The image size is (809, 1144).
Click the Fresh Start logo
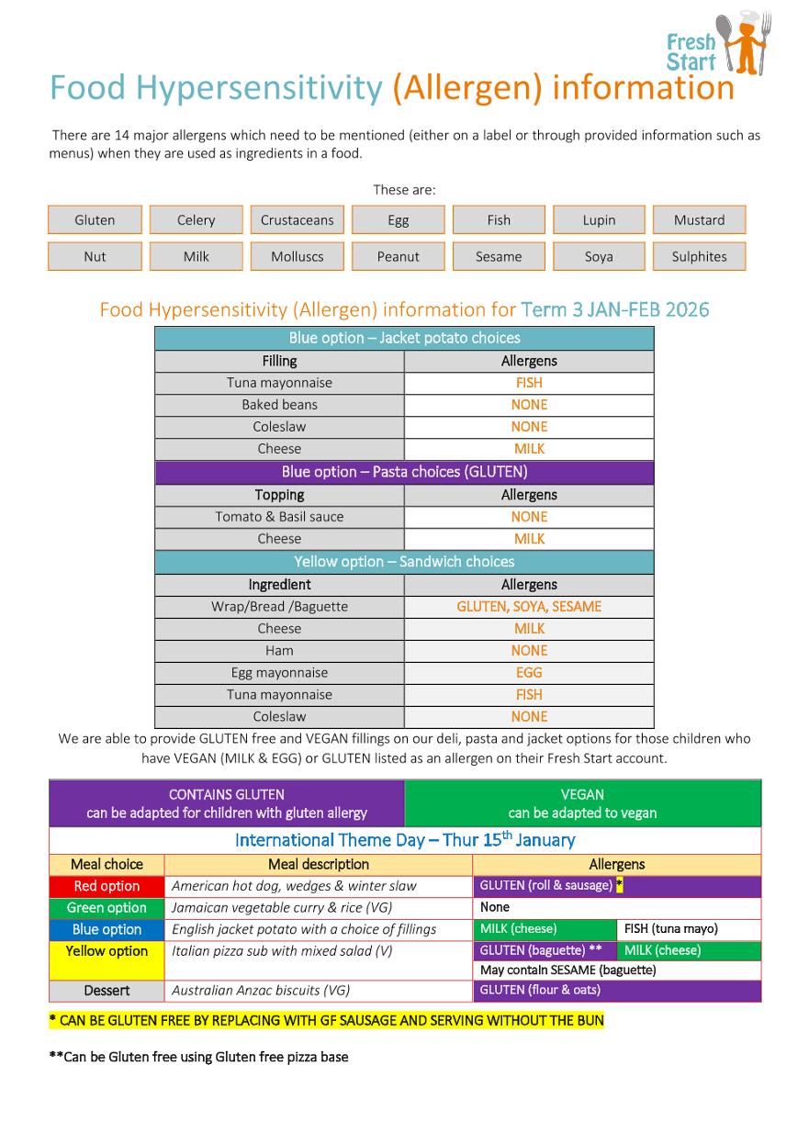point(719,44)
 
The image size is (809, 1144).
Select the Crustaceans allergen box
point(297,220)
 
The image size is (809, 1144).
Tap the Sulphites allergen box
point(699,257)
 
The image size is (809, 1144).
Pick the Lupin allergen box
point(599,220)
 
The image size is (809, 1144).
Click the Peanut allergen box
point(398,257)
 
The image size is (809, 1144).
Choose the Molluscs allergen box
point(297,257)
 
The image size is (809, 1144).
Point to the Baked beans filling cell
point(279,405)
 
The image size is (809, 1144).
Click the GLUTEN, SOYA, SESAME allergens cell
point(529,607)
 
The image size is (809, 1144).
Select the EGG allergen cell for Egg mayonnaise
point(529,673)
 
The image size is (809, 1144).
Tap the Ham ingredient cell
point(279,651)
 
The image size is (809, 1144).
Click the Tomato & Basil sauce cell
point(279,517)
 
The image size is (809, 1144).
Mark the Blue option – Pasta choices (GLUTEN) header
point(404,473)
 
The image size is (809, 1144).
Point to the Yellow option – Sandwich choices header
point(404,562)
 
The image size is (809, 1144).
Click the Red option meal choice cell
point(107,886)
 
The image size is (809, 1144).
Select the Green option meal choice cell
point(107,908)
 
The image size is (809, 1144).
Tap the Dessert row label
point(107,991)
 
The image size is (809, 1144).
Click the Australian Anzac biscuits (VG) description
point(261,991)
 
